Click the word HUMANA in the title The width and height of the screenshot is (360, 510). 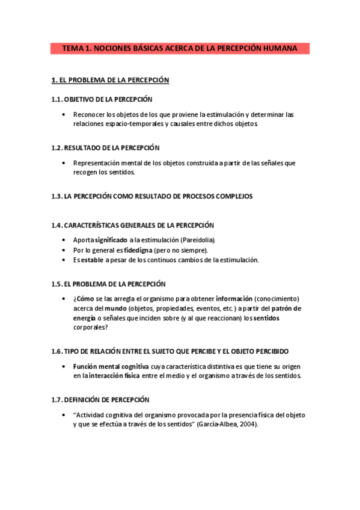(280, 48)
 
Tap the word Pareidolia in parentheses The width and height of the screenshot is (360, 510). (198, 241)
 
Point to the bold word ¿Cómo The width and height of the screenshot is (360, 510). (82, 299)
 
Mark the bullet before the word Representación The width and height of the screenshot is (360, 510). (64, 163)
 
